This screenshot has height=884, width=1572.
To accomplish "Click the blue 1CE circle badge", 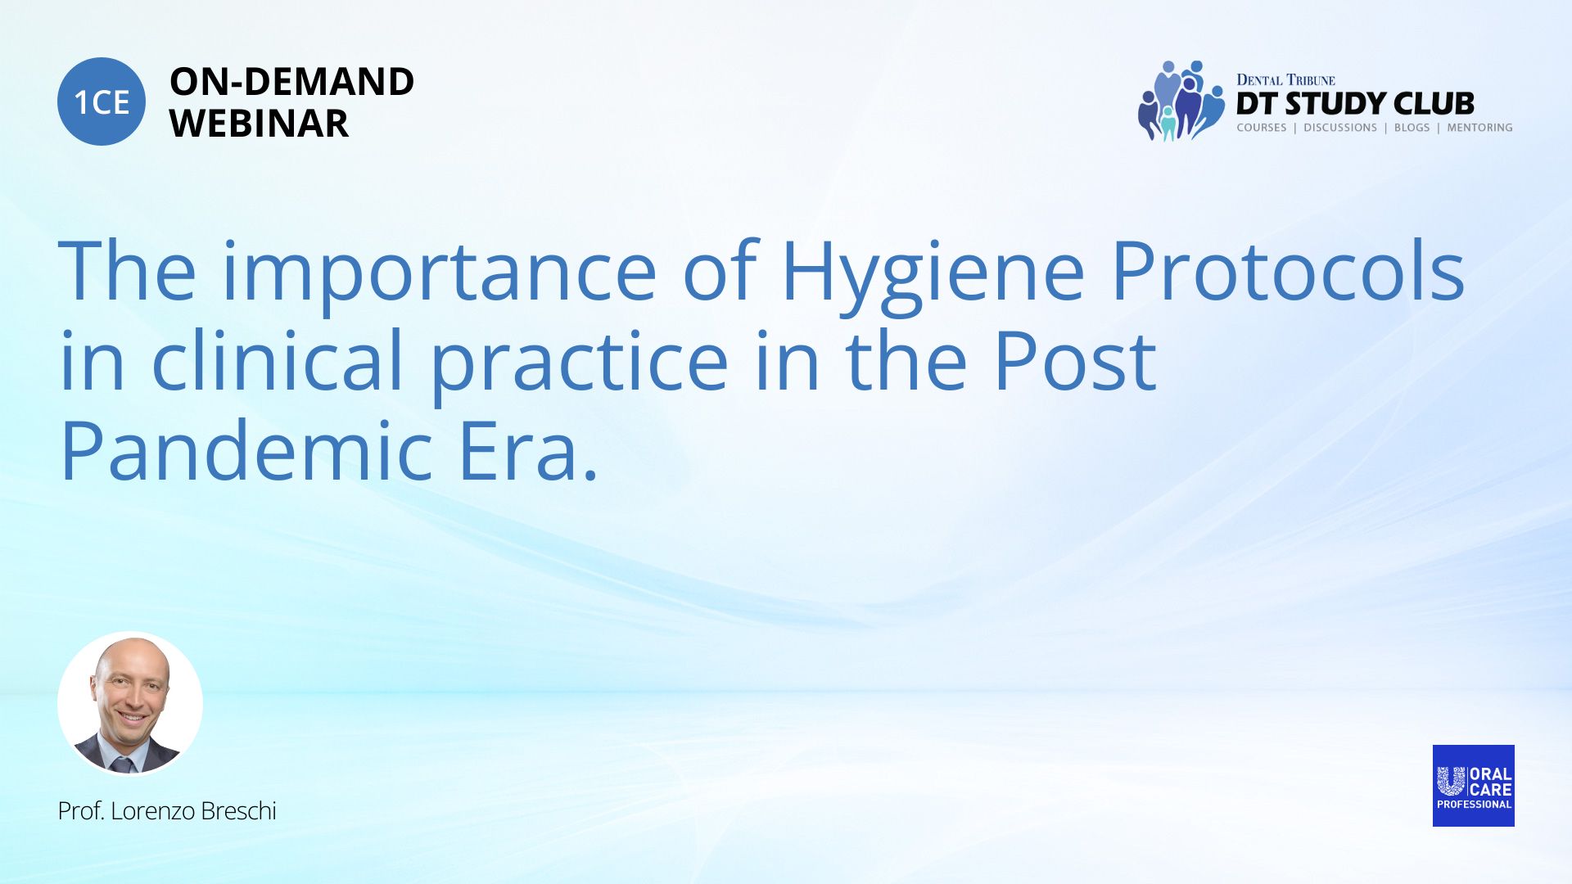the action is coord(102,101).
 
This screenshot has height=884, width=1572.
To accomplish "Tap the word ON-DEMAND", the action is coord(291,82).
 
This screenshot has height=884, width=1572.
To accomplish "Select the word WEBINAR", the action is coord(259,124).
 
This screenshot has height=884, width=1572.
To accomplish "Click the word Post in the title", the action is coord(1074,362).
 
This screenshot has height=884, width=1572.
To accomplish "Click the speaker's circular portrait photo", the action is coord(130,704).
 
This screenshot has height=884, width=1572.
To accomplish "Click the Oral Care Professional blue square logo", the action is coord(1473,786).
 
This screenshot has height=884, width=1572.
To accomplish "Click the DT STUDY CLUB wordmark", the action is coord(1355,104).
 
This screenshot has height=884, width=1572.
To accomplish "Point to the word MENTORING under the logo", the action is coord(1479,128).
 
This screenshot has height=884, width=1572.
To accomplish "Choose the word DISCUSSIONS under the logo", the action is coord(1340,128).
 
